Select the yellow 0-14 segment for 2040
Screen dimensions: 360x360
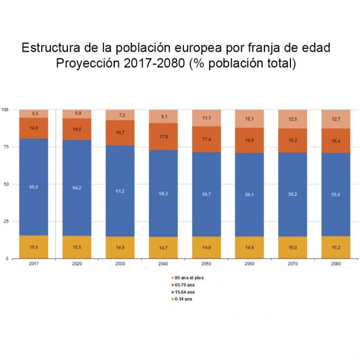[163, 248]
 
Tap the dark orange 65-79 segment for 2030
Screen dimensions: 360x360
[120, 133]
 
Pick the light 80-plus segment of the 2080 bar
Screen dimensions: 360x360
[336, 119]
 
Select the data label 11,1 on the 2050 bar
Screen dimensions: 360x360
[206, 118]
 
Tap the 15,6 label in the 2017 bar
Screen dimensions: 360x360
[34, 247]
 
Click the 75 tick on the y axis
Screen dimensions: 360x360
[6, 147]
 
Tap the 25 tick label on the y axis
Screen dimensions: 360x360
[6, 221]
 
